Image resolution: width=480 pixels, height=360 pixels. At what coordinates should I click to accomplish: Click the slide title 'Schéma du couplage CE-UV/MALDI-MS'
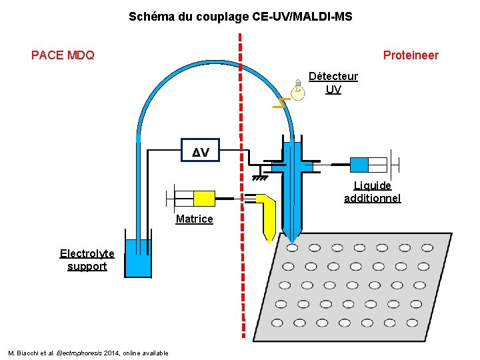(240, 15)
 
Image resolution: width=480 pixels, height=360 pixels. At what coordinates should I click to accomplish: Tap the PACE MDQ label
(63, 55)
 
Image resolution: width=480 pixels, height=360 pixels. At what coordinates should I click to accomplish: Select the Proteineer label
(411, 55)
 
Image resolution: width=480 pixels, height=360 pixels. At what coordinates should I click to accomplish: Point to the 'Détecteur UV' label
(333, 83)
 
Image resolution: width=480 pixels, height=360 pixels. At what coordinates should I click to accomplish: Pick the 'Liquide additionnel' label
(372, 192)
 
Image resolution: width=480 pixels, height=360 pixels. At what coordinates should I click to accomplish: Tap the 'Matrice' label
(194, 219)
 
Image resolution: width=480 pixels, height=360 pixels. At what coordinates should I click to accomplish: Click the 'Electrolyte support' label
(87, 260)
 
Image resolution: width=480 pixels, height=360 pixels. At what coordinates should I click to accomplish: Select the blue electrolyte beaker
(139, 257)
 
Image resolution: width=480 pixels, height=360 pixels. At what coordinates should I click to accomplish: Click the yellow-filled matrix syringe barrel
(204, 198)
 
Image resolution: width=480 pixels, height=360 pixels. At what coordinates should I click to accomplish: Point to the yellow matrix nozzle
(269, 217)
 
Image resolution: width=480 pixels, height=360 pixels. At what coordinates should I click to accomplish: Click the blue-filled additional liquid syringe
(359, 164)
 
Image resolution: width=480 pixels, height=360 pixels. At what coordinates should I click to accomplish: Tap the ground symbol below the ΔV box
(260, 178)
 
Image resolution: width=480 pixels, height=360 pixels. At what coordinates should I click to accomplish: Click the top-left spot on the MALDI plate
(292, 247)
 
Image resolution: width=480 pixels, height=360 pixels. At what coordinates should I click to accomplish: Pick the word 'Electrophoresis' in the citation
(79, 353)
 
